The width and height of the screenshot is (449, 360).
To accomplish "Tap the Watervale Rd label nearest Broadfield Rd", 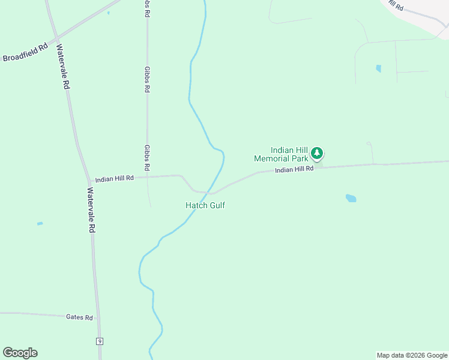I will pyautogui.click(x=63, y=66).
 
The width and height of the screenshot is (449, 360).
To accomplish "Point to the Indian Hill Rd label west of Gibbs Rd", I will pyautogui.click(x=114, y=179).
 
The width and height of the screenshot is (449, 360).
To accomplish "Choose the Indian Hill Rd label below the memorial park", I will pyautogui.click(x=294, y=170).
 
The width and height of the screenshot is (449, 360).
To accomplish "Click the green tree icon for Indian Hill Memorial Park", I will pyautogui.click(x=317, y=154).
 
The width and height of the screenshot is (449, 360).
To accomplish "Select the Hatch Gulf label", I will pyautogui.click(x=205, y=205).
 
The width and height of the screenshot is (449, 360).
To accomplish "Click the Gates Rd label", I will pyautogui.click(x=79, y=317).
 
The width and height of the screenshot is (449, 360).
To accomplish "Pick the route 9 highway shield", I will pyautogui.click(x=100, y=341).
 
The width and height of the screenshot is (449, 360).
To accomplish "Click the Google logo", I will pyautogui.click(x=20, y=353).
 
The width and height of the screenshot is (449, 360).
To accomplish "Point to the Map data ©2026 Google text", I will pyautogui.click(x=412, y=355).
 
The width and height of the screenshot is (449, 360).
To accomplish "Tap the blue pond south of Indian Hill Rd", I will pyautogui.click(x=351, y=197).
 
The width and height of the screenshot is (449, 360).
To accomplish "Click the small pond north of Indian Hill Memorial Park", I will pyautogui.click(x=378, y=68).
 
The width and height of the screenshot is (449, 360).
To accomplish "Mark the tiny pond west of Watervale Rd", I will pyautogui.click(x=40, y=224).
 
